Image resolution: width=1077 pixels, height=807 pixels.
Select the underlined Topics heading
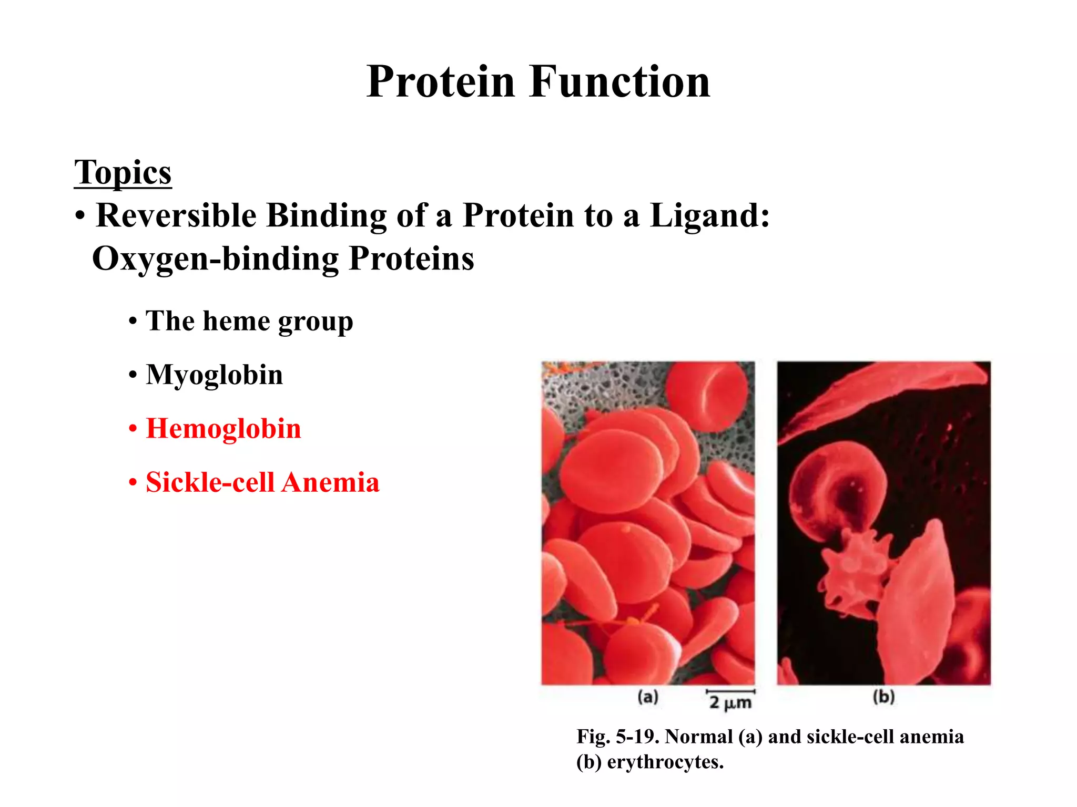click(x=123, y=172)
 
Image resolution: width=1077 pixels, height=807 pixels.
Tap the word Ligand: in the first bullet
click(x=710, y=215)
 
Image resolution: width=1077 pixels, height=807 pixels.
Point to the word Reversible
click(x=176, y=215)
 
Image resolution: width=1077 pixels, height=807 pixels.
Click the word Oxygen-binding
click(x=216, y=259)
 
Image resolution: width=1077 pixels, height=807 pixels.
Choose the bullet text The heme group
click(x=249, y=321)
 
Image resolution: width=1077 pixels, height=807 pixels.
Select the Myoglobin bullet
click(x=214, y=375)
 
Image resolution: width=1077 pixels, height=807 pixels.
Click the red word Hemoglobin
click(x=223, y=429)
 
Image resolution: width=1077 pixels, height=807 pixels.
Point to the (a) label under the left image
click(x=648, y=697)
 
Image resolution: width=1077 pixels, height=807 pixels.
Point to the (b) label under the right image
click(x=883, y=697)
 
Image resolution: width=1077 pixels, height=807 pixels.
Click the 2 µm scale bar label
click(x=730, y=701)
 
